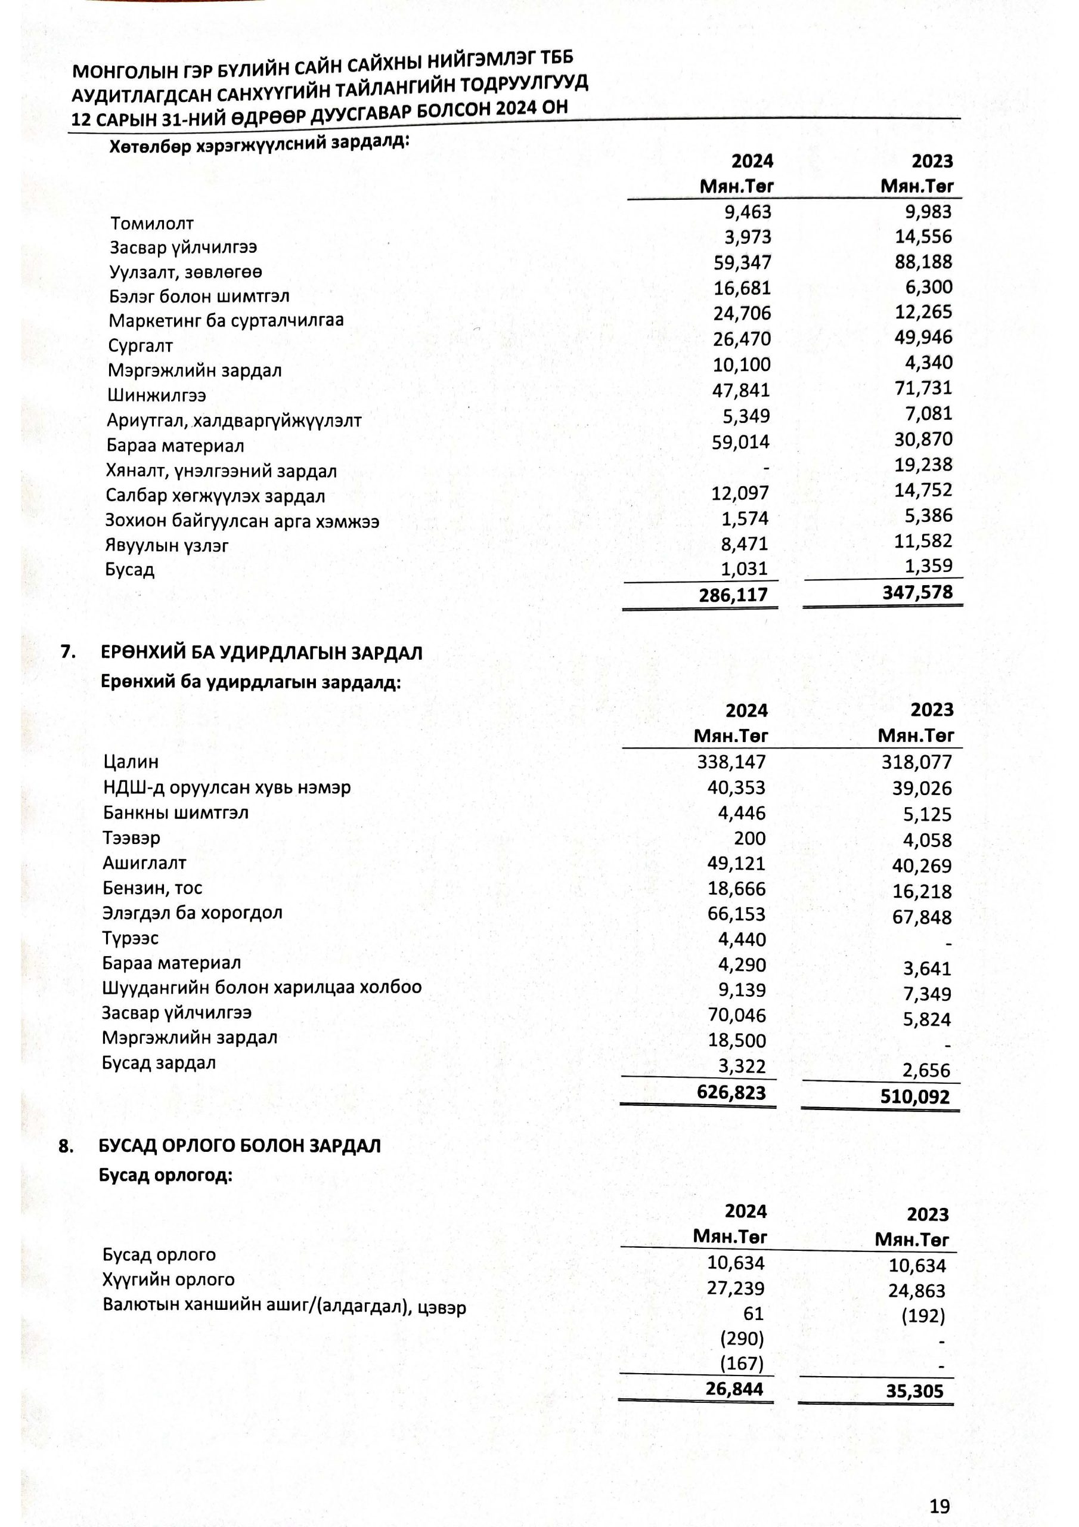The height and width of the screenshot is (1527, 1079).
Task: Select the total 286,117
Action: [x=733, y=595]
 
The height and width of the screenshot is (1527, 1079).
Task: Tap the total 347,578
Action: [x=917, y=592]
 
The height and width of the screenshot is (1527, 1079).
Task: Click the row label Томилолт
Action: [x=151, y=224]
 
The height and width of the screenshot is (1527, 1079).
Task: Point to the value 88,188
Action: [x=923, y=261]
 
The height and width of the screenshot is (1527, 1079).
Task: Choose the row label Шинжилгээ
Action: [x=157, y=395]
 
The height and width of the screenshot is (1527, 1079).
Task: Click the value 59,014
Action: [x=740, y=441]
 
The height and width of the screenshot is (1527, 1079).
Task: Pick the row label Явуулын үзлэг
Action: [x=167, y=545]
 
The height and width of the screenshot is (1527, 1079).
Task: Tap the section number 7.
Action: [x=68, y=652]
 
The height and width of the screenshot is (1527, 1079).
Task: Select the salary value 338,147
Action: [x=731, y=762]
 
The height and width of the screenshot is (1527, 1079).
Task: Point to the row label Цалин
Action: [x=131, y=762]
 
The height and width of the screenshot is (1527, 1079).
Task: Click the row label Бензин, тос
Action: [x=152, y=888]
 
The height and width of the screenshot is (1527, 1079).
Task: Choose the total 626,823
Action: [x=731, y=1092]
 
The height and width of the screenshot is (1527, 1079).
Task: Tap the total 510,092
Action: [x=915, y=1096]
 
